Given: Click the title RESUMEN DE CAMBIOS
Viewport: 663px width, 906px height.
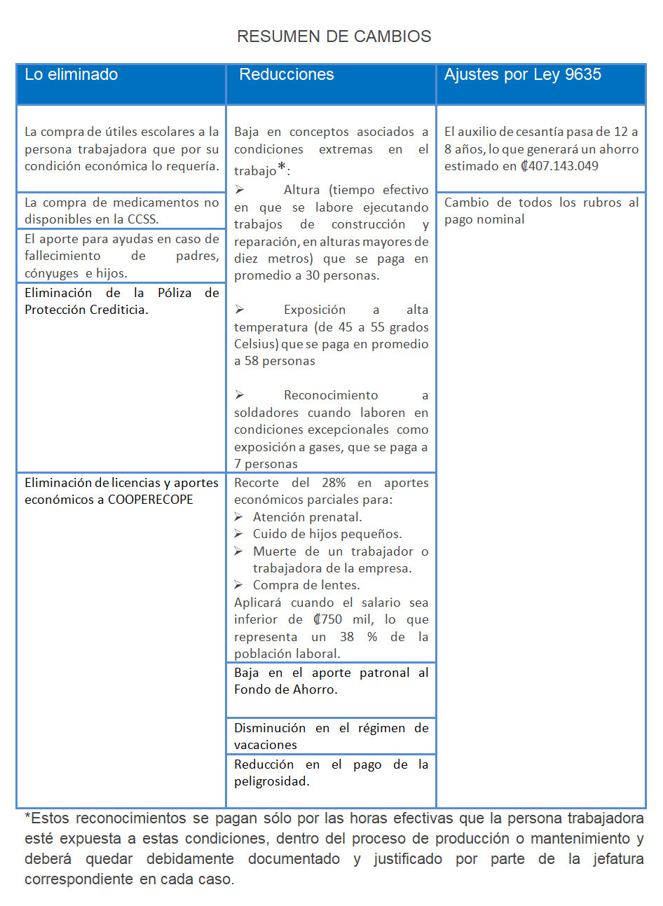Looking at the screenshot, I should (334, 36).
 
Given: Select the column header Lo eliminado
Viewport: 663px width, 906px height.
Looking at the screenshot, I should (71, 75).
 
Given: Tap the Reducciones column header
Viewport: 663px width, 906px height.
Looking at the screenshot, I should (287, 75).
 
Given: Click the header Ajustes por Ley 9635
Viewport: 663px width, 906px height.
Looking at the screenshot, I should (523, 75).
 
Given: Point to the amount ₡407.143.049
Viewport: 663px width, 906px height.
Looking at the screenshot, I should (559, 166).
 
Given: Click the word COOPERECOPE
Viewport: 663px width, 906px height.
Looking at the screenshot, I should (151, 500).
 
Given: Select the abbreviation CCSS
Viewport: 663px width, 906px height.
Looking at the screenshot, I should (142, 219).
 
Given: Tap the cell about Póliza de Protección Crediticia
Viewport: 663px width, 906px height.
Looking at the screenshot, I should (121, 301).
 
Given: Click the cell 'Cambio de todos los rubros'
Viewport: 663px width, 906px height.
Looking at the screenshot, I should (541, 211).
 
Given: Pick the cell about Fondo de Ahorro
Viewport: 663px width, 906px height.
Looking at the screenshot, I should (331, 681).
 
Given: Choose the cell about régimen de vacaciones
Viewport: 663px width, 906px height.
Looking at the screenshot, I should (331, 736).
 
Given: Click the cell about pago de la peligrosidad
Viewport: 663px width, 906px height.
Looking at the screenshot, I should (331, 773).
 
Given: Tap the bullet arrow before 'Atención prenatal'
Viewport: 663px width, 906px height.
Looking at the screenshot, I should (239, 517).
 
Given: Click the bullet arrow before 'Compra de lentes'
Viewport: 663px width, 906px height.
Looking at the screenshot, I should (239, 585).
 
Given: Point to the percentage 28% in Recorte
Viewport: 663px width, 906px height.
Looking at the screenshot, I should (334, 483).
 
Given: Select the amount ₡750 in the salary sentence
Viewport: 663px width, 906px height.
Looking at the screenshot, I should (328, 619).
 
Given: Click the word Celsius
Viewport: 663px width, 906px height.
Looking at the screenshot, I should (255, 344).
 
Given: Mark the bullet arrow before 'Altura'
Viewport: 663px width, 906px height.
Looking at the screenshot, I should (239, 190).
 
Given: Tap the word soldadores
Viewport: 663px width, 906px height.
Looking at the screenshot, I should (267, 413).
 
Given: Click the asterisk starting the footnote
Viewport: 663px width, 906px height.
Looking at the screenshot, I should (27, 817).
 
